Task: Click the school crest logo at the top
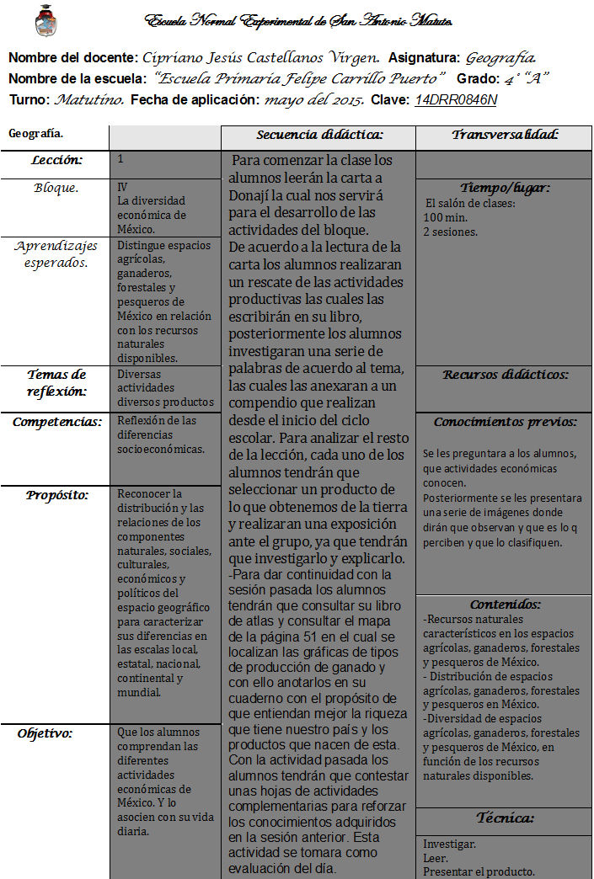46,20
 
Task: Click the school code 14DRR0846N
456,100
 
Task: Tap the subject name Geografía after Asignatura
500,58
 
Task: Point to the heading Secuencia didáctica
319,135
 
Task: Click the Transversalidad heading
506,135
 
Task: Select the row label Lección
57,160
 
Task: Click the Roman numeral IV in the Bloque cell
123,187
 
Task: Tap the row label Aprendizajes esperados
56,254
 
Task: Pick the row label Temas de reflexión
56,383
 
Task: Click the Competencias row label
56,421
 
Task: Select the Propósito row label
57,494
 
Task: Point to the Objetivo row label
45,733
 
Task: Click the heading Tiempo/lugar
505,188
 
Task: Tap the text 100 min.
440,217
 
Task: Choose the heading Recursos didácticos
506,375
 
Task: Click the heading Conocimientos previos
506,422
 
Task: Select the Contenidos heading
506,605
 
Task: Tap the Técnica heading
506,818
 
